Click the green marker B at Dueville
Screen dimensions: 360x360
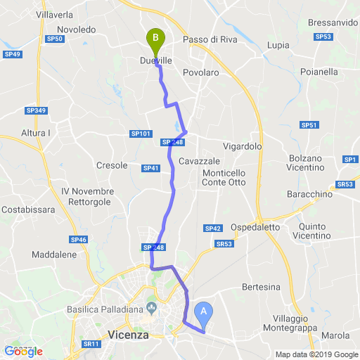pos(154,38)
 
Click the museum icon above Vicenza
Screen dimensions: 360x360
pos(151,308)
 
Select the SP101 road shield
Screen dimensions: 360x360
pos(141,134)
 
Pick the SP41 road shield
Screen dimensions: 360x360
pos(151,168)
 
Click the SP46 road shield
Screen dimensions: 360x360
pos(79,240)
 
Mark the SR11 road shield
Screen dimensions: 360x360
pos(91,344)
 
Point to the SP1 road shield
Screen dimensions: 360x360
pos(351,160)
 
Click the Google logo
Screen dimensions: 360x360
pos(23,351)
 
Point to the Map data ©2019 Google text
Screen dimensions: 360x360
pos(316,354)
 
